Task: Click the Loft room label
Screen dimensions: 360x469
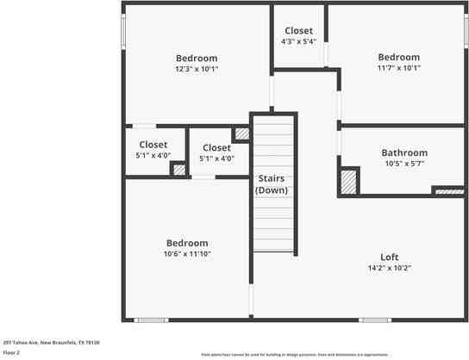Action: [x=390, y=257]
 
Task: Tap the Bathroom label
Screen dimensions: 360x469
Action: [x=404, y=153]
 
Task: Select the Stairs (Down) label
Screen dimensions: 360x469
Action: [x=272, y=183]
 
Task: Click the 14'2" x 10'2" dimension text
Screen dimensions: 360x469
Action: [x=390, y=268]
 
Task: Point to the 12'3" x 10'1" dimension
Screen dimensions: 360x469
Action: [x=197, y=69]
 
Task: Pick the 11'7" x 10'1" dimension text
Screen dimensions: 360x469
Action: [x=398, y=68]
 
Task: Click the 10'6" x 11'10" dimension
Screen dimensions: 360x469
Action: [x=187, y=254]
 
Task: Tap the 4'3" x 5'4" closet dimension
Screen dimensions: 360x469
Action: [x=298, y=41]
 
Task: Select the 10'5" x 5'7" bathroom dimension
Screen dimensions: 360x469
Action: [x=404, y=164]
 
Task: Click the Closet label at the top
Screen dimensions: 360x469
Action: [x=298, y=31]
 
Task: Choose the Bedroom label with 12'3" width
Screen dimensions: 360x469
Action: [x=197, y=59]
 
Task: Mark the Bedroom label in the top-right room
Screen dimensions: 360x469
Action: [x=398, y=58]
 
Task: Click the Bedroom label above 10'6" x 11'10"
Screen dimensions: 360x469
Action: [x=187, y=243]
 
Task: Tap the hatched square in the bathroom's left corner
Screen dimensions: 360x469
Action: [x=348, y=181]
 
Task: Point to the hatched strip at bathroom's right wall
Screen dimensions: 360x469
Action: [x=447, y=189]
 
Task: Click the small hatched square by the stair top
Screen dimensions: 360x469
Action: [x=242, y=133]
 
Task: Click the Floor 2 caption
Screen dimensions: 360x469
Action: [x=12, y=352]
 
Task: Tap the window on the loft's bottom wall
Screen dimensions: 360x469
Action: [x=375, y=320]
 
